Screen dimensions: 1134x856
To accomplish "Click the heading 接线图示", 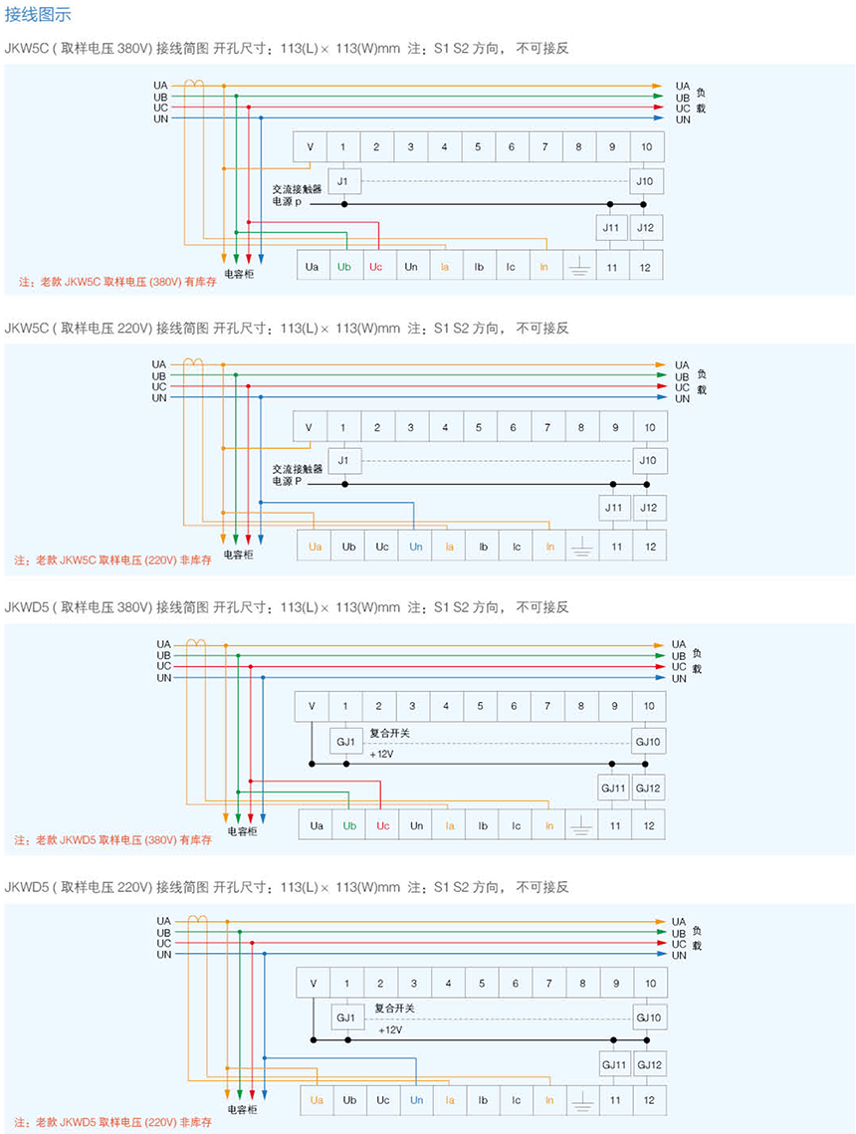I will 38,15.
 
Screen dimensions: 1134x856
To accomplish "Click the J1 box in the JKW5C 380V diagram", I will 342,181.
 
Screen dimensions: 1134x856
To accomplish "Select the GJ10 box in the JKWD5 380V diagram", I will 648,742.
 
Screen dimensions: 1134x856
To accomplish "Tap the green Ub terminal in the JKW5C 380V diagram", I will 344,267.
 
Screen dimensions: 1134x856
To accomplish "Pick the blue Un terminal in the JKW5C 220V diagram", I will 415,547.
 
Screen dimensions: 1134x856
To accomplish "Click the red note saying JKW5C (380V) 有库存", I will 116,282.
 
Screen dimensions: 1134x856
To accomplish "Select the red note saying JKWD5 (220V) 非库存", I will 113,1122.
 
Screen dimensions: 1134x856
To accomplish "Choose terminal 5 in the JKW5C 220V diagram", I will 479,427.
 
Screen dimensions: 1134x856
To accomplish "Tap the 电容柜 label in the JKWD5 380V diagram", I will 241,831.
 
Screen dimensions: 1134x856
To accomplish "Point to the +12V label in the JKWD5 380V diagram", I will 381,754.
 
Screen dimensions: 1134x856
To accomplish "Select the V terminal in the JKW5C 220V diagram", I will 309,427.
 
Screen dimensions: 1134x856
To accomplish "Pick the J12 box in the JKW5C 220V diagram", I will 648,508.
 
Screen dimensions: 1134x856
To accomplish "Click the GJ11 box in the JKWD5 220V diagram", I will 614,1065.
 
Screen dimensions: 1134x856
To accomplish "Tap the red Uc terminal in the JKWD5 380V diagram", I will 382,825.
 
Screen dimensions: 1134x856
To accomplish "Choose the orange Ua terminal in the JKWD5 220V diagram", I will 317,1100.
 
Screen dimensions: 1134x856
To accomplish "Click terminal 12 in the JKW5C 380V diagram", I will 646,267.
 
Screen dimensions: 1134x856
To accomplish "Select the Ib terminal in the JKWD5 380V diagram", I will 482,825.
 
